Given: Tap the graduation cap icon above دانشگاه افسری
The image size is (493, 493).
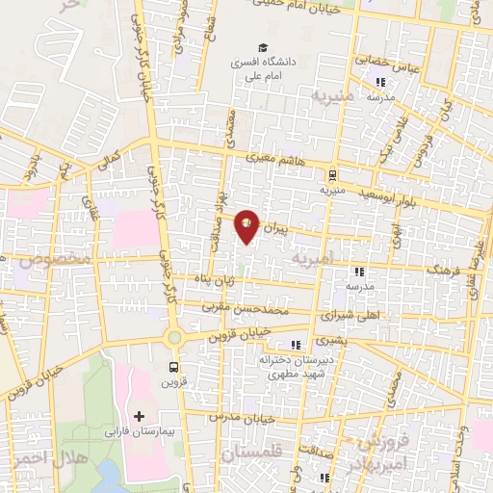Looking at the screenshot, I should click(261, 47).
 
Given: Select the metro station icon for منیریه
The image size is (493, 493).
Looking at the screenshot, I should click(332, 175).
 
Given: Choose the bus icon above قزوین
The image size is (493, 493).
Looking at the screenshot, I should click(173, 367).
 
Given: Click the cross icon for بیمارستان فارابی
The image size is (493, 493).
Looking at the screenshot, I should click(140, 417).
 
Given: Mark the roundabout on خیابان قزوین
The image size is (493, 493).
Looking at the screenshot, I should click(174, 338).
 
